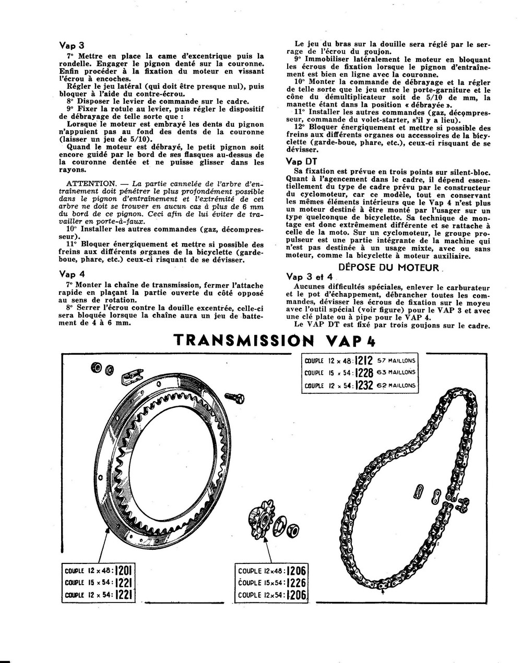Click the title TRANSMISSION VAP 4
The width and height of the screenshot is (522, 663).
[274, 341]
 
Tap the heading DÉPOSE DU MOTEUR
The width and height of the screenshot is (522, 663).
[388, 268]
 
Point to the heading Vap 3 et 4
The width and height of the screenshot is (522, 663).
[309, 277]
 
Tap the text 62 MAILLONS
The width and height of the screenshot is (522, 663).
[396, 385]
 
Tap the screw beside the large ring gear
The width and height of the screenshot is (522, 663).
[234, 399]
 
